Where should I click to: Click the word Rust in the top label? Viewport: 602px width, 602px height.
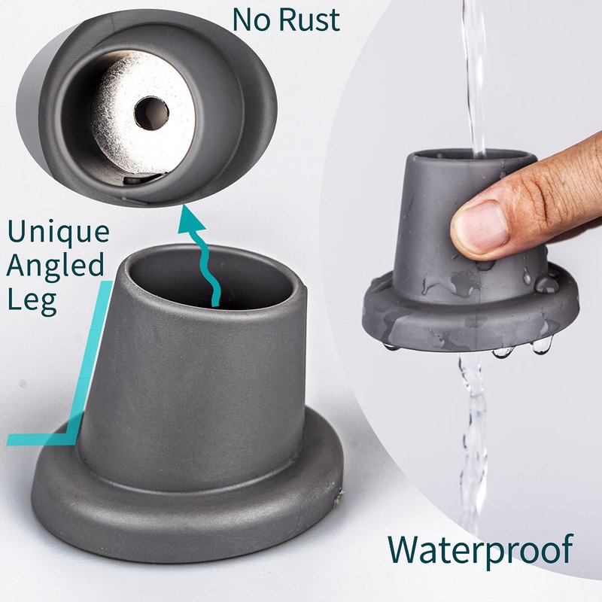309,20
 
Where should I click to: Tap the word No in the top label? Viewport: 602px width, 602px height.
251,20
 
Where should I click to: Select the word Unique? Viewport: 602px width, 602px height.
59,233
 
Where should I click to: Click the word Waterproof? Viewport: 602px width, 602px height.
480,550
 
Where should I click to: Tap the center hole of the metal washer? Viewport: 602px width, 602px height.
151,114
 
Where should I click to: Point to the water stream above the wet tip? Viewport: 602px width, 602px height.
475,77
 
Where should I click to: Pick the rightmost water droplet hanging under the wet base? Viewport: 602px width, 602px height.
541,345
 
